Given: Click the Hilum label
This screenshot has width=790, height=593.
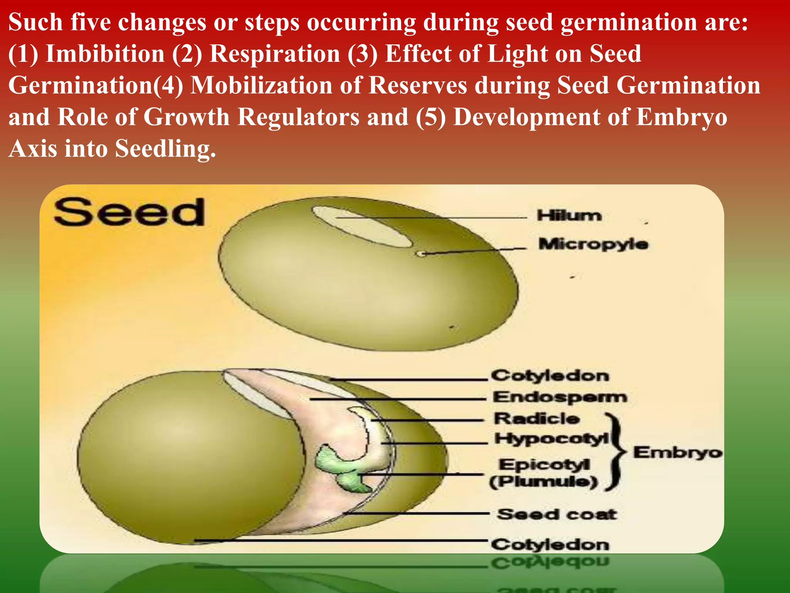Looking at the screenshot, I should pyautogui.click(x=569, y=215).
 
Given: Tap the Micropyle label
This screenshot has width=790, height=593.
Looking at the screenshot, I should pyautogui.click(x=593, y=244).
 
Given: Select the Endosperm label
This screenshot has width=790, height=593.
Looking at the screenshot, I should pyautogui.click(x=560, y=397).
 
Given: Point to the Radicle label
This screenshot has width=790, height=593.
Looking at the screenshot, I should pyautogui.click(x=537, y=418).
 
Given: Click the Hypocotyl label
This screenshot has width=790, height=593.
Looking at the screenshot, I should pyautogui.click(x=551, y=439).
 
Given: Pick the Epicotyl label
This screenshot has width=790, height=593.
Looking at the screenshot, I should pyautogui.click(x=544, y=464).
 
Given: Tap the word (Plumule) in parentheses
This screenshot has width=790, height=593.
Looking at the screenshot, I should pyautogui.click(x=544, y=481).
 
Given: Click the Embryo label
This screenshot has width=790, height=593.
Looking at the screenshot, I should pyautogui.click(x=677, y=452).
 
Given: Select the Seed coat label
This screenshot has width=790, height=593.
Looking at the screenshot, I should pyautogui.click(x=557, y=514).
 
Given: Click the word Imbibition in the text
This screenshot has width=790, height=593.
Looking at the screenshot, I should pyautogui.click(x=105, y=54).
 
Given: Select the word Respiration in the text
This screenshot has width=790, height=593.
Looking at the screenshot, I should pyautogui.click(x=274, y=54).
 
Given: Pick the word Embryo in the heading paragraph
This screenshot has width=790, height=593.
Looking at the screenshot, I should pyautogui.click(x=682, y=117).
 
